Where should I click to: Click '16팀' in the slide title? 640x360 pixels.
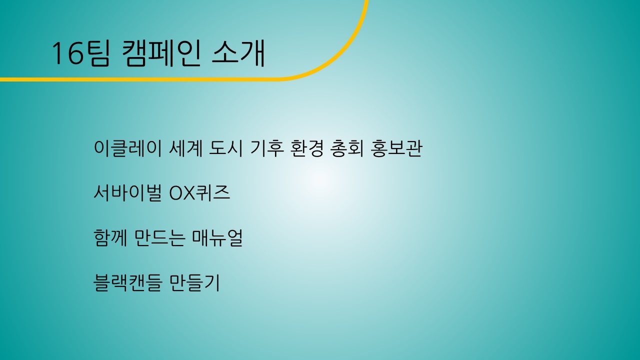[x=80, y=53]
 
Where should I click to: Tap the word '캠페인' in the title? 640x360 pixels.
[x=161, y=53]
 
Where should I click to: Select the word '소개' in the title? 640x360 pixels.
[x=238, y=53]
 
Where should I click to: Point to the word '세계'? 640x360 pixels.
[x=186, y=148]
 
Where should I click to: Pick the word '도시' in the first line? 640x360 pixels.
[x=226, y=148]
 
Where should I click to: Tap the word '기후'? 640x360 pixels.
[x=267, y=148]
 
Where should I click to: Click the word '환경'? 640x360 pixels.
[x=306, y=148]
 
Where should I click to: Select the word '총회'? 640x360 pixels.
[x=347, y=148]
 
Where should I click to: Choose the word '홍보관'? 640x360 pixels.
[x=396, y=148]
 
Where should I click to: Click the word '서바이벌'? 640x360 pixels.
[x=127, y=193]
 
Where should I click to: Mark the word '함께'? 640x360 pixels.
[x=110, y=237]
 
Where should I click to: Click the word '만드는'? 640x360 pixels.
[x=159, y=237]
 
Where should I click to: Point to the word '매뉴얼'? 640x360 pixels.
[x=217, y=237]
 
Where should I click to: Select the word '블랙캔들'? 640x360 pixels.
[x=127, y=282]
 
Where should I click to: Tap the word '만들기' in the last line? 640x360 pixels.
[x=194, y=282]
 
